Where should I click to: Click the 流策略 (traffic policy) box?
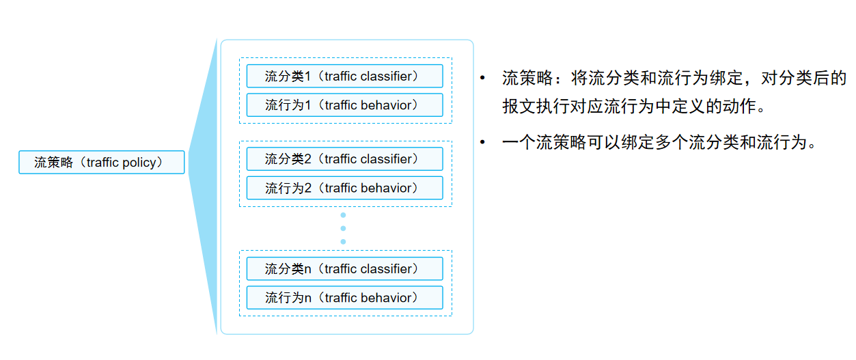[x=101, y=163]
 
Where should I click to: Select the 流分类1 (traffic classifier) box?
[x=344, y=77]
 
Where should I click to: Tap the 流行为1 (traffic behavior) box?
[x=344, y=105]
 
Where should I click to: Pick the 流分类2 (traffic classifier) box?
[x=344, y=159]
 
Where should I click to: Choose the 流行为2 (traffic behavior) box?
[x=344, y=188]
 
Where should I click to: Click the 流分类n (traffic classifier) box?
[x=344, y=269]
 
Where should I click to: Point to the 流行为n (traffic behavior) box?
[x=344, y=298]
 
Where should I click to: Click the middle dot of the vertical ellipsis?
[x=343, y=228]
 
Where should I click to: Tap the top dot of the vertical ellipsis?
[x=343, y=215]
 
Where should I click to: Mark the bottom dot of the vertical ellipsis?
[x=343, y=241]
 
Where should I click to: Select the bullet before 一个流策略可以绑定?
[x=483, y=143]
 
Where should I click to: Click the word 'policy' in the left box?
[x=140, y=163]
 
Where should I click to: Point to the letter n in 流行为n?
[x=307, y=299]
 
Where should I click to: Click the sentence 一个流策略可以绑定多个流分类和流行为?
[x=659, y=143]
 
